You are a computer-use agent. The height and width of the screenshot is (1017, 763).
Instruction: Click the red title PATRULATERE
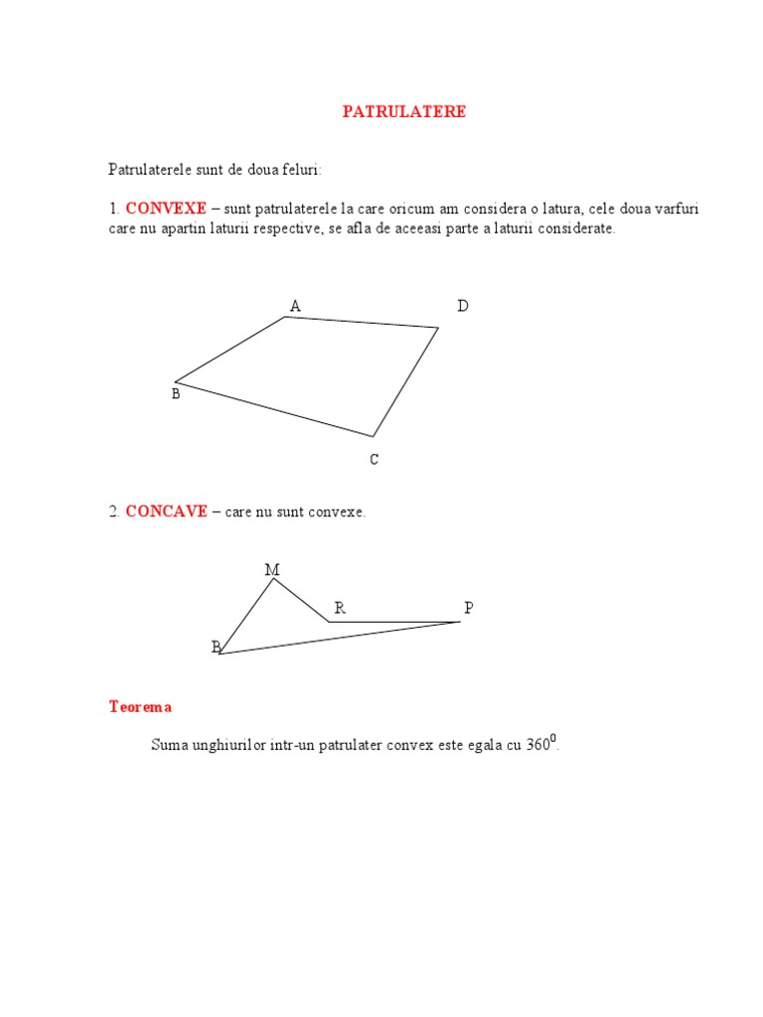coord(403,112)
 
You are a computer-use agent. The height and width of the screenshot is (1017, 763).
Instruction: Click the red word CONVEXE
coord(166,209)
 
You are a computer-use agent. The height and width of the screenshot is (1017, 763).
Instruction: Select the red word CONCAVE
coord(166,511)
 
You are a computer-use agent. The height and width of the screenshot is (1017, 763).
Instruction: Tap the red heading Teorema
coord(140,707)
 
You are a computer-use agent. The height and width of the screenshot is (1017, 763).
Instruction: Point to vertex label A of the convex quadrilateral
coord(295,306)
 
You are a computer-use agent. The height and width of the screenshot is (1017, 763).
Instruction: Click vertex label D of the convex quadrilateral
coord(462,306)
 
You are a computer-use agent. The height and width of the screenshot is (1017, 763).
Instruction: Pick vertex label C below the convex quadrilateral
coord(374,460)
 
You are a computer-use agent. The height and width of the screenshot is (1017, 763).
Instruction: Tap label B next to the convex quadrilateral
coord(176,395)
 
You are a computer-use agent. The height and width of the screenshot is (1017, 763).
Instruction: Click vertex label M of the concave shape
coord(272,570)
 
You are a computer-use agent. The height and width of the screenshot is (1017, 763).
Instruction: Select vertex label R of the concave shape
coord(340,608)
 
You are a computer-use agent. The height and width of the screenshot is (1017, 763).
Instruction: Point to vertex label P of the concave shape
coord(468,608)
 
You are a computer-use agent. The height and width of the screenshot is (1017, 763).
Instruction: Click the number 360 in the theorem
coord(538,745)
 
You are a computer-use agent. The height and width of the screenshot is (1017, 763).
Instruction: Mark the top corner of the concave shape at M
coord(274,579)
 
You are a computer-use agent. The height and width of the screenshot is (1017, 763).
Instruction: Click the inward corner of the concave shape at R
coord(329,622)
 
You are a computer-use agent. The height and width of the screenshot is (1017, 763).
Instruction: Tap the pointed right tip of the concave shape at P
coord(460,622)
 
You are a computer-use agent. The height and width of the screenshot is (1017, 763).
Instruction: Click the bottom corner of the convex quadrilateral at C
coord(374,436)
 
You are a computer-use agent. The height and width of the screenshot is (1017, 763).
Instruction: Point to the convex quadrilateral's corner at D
coord(438,327)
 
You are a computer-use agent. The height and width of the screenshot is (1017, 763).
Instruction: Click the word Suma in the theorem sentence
coord(170,745)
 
